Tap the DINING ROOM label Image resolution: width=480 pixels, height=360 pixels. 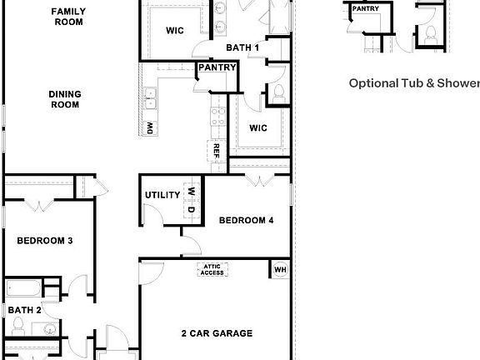63,100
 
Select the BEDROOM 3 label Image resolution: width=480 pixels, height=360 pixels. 45,241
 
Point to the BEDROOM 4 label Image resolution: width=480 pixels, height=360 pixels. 246,221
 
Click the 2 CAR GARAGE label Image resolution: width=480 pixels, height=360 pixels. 217,333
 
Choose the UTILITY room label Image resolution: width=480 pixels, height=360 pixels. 162,195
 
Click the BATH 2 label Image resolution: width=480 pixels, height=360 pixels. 25,310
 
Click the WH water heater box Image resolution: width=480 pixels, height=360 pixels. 280,269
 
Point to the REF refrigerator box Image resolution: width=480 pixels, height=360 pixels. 216,152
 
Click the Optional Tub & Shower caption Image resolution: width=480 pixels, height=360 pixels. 413,83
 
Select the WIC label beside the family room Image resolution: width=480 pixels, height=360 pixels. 174,31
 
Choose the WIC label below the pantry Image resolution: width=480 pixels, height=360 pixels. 258,127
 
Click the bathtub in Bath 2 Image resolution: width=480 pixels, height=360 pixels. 25,289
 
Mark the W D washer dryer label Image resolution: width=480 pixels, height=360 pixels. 191,200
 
